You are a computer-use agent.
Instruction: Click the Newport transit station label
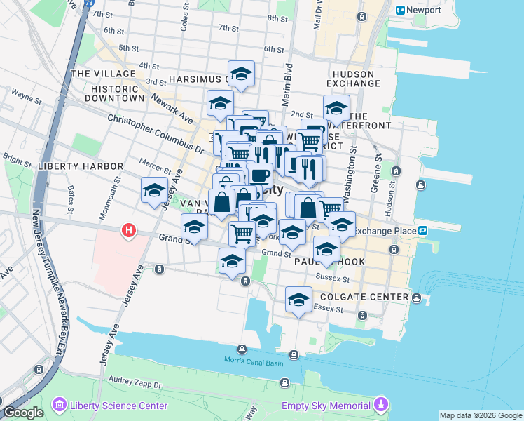[423, 11]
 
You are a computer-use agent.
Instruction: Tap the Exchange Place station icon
[423, 230]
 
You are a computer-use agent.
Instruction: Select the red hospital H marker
[128, 230]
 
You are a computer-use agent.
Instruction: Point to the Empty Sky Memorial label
[326, 406]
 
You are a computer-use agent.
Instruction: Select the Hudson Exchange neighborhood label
[357, 78]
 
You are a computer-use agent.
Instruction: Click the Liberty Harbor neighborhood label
[81, 166]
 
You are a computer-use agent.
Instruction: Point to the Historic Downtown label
[115, 93]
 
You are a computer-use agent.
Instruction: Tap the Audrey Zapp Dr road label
[135, 385]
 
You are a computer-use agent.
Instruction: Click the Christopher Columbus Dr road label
[156, 133]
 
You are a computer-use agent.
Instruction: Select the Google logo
[22, 413]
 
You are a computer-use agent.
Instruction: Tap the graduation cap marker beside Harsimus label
[241, 73]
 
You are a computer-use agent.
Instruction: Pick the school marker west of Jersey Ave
[154, 189]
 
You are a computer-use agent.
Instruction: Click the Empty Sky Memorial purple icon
[381, 405]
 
